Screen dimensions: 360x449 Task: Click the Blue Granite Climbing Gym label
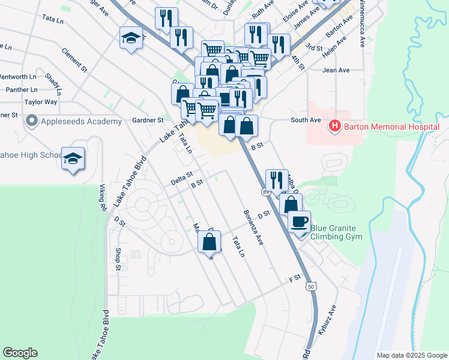(x=342, y=232)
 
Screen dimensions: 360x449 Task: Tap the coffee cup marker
(x=299, y=221)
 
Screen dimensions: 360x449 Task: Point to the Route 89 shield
(x=265, y=191)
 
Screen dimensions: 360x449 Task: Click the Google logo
(x=20, y=353)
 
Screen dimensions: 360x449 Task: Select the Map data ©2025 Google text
(x=412, y=355)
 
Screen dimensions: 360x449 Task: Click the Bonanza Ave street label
(x=253, y=227)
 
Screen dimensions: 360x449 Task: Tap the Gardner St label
(x=148, y=120)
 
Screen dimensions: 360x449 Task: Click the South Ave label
(x=306, y=120)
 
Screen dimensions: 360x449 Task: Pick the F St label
(x=294, y=279)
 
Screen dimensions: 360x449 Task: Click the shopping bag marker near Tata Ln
(x=209, y=242)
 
